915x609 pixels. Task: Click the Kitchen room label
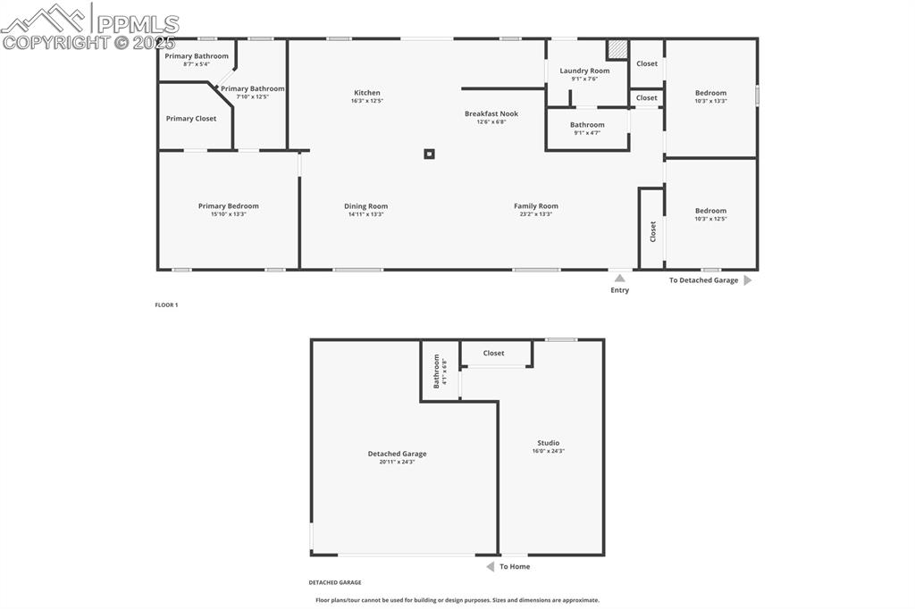click(366, 93)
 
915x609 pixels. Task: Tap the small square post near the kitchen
click(429, 154)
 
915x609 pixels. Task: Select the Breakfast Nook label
click(491, 114)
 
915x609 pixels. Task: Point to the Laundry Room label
click(584, 71)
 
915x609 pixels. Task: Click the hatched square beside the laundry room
click(617, 49)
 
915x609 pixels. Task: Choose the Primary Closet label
click(191, 119)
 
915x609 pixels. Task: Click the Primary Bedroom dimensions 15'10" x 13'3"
click(229, 214)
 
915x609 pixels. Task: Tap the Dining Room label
click(365, 206)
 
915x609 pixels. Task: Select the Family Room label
click(535, 206)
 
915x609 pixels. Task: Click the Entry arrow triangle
click(619, 279)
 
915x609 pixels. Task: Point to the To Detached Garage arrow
click(747, 280)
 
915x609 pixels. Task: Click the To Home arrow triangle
click(490, 566)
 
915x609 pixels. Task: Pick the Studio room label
click(548, 443)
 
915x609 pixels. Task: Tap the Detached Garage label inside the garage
click(397, 454)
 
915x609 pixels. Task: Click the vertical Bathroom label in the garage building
click(437, 370)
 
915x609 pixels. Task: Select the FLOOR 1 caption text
click(166, 305)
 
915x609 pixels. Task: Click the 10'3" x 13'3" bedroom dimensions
click(710, 101)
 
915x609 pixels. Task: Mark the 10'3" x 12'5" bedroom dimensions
click(710, 219)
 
